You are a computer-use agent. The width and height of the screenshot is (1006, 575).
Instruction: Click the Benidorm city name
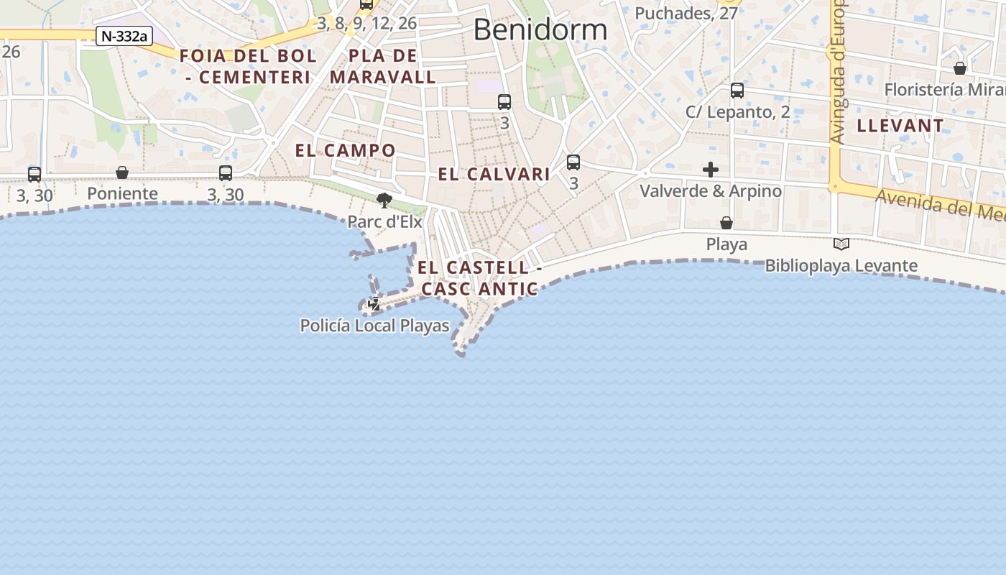540,30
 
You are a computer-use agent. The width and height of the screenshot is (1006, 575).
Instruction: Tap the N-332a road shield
124,36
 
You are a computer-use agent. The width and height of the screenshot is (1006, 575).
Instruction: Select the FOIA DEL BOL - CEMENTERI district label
248,66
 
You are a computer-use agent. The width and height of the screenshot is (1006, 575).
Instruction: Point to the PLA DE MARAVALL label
383,66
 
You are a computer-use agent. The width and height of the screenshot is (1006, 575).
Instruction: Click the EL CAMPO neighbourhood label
345,150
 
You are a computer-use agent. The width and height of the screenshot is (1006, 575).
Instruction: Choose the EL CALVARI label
494,174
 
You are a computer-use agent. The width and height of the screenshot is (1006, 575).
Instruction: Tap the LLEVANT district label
900,126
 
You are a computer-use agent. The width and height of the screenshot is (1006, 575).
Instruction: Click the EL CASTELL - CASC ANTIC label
479,278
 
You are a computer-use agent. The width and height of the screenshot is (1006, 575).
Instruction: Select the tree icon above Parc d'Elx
384,200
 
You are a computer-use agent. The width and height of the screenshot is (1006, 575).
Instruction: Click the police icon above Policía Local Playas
374,304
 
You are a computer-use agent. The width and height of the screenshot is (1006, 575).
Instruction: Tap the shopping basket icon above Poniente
122,172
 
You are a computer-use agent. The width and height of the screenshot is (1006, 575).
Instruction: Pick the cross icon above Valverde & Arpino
711,170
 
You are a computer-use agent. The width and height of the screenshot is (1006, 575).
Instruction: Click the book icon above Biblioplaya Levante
841,244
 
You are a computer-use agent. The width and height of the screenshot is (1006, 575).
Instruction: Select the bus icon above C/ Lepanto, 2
737,91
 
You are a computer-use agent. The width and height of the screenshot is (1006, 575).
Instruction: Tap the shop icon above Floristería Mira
960,68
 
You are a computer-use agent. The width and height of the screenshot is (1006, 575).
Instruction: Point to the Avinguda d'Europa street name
837,72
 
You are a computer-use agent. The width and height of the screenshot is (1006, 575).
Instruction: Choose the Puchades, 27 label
686,13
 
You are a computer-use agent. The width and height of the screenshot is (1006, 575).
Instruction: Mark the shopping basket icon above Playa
726,223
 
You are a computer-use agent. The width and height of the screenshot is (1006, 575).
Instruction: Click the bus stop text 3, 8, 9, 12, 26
366,23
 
